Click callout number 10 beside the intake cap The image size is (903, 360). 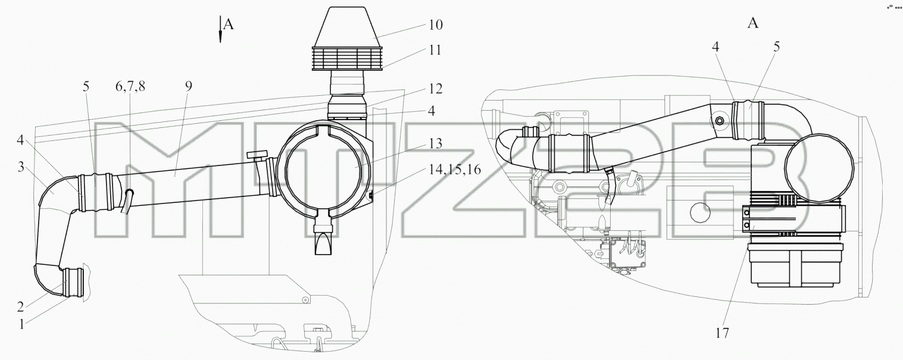pyautogui.click(x=435, y=24)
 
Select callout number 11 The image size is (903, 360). pyautogui.click(x=435, y=50)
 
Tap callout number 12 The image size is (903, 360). pyautogui.click(x=435, y=88)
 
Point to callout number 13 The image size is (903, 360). pyautogui.click(x=435, y=143)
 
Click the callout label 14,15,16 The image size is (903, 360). pyautogui.click(x=455, y=170)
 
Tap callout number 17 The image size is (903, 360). pyautogui.click(x=723, y=333)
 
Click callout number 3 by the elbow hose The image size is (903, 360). pyautogui.click(x=21, y=167)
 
